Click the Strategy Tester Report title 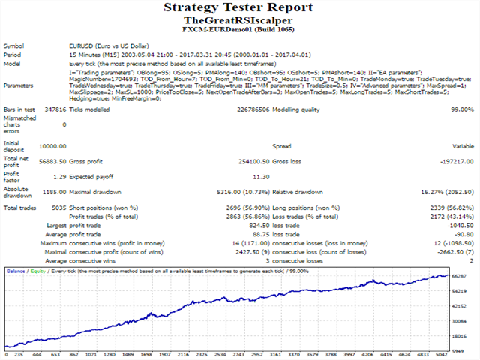coord(239,8)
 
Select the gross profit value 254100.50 coord(244,160)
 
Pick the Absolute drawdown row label coord(19,191)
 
